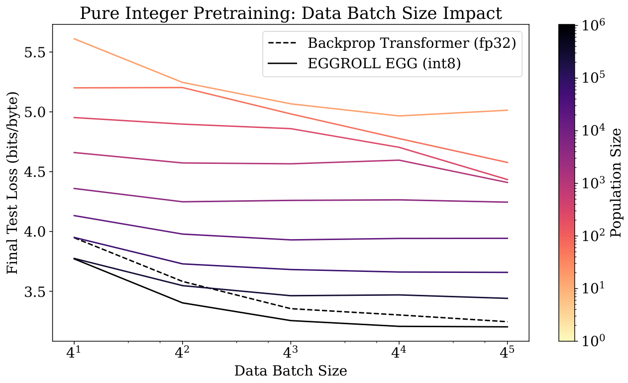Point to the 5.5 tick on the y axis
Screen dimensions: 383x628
click(x=34, y=52)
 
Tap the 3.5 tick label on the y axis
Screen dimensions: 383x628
click(x=34, y=291)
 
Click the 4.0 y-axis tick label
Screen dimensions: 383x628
click(x=34, y=232)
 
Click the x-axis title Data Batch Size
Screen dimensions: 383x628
click(x=291, y=371)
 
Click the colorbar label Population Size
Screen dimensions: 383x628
click(x=617, y=182)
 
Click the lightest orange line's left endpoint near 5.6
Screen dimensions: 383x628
click(x=74, y=39)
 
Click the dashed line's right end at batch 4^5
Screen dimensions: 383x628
click(x=507, y=322)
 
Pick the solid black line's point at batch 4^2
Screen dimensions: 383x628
click(x=183, y=303)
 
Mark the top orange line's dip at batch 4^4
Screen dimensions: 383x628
click(x=399, y=116)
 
